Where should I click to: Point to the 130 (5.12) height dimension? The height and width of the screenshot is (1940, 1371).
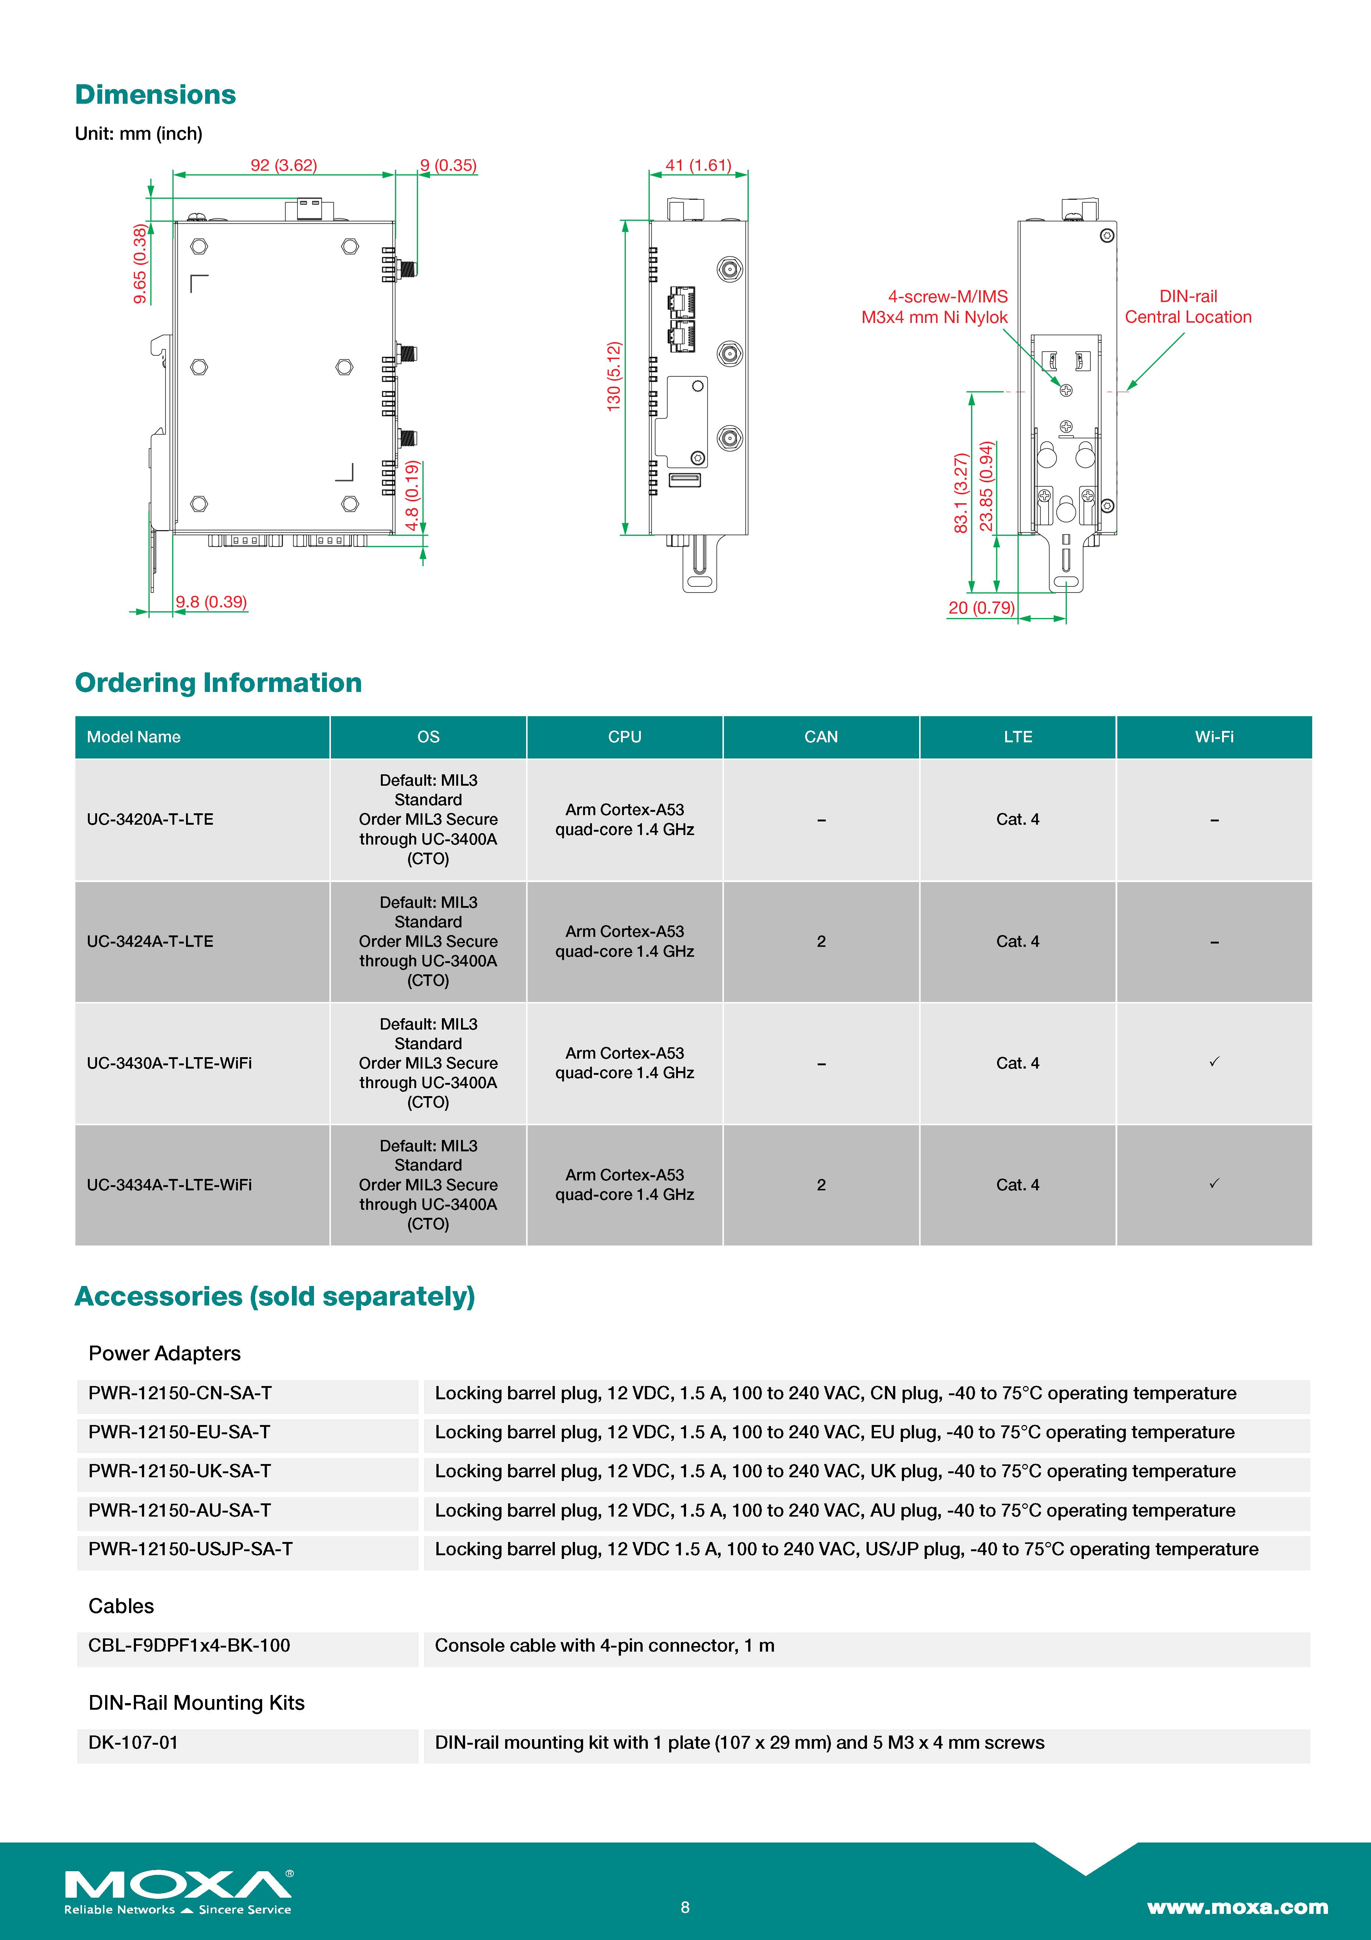(614, 376)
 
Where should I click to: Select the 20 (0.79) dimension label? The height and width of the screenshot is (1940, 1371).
(981, 608)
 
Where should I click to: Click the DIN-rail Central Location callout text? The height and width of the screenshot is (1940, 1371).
(1188, 307)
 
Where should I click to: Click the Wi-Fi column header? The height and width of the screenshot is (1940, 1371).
(1214, 737)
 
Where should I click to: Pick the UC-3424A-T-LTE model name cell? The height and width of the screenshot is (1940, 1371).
(150, 941)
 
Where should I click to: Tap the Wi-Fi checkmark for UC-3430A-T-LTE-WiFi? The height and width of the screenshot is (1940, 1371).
(1214, 1062)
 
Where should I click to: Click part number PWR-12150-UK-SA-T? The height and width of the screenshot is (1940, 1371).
(180, 1471)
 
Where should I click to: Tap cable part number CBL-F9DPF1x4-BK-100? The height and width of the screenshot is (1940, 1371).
(189, 1645)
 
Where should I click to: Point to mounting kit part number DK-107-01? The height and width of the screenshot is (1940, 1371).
(133, 1742)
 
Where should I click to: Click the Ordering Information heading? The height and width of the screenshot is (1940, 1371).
(218, 683)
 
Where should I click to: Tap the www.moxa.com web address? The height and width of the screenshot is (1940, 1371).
(1237, 1907)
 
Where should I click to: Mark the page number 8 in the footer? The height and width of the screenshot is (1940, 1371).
(685, 1907)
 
